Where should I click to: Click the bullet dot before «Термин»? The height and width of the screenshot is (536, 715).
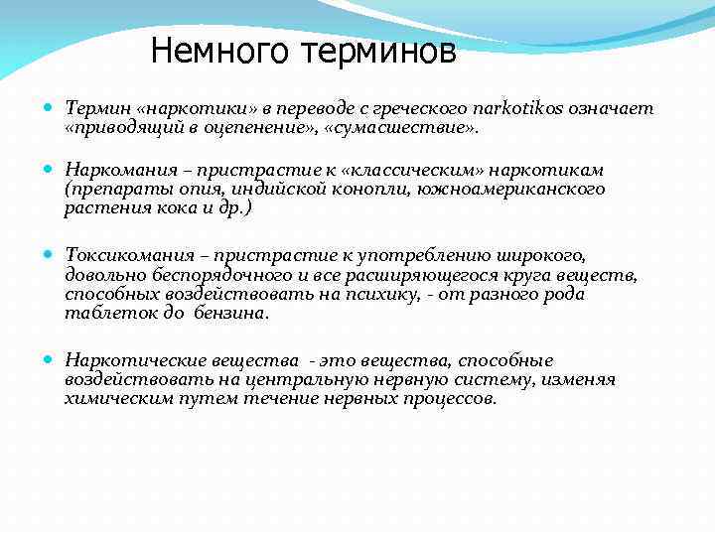click(51, 108)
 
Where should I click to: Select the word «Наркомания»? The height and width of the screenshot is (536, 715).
click(112, 171)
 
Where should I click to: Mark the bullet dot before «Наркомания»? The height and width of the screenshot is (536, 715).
click(51, 170)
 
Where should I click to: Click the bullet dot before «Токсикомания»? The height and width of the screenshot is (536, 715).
click(51, 255)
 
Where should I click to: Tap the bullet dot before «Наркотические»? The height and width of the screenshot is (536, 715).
click(51, 360)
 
